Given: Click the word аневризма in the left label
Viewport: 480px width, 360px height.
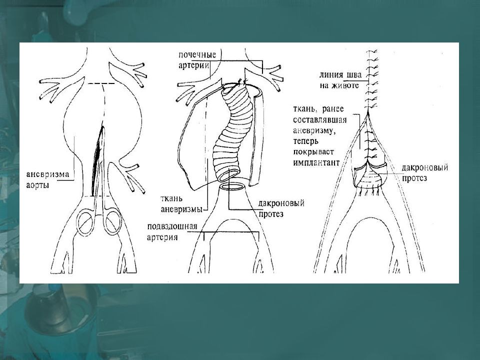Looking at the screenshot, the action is coord(48,174).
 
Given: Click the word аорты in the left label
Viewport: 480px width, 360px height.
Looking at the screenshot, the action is coord(37,185).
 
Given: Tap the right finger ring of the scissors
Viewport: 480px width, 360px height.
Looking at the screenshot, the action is coord(112,221).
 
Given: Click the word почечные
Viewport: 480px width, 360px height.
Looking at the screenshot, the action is coord(197,55).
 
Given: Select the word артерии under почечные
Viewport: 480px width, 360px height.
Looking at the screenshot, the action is coord(194,65).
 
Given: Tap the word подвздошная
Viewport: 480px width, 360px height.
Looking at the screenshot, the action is coord(172,227).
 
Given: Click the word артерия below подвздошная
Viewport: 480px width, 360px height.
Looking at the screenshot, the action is coord(162,237).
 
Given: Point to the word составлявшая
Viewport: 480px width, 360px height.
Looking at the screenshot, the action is coord(320,120).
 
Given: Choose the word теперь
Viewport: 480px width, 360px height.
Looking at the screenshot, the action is coord(306,141).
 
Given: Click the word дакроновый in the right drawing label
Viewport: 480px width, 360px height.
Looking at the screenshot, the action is coord(425,168).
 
